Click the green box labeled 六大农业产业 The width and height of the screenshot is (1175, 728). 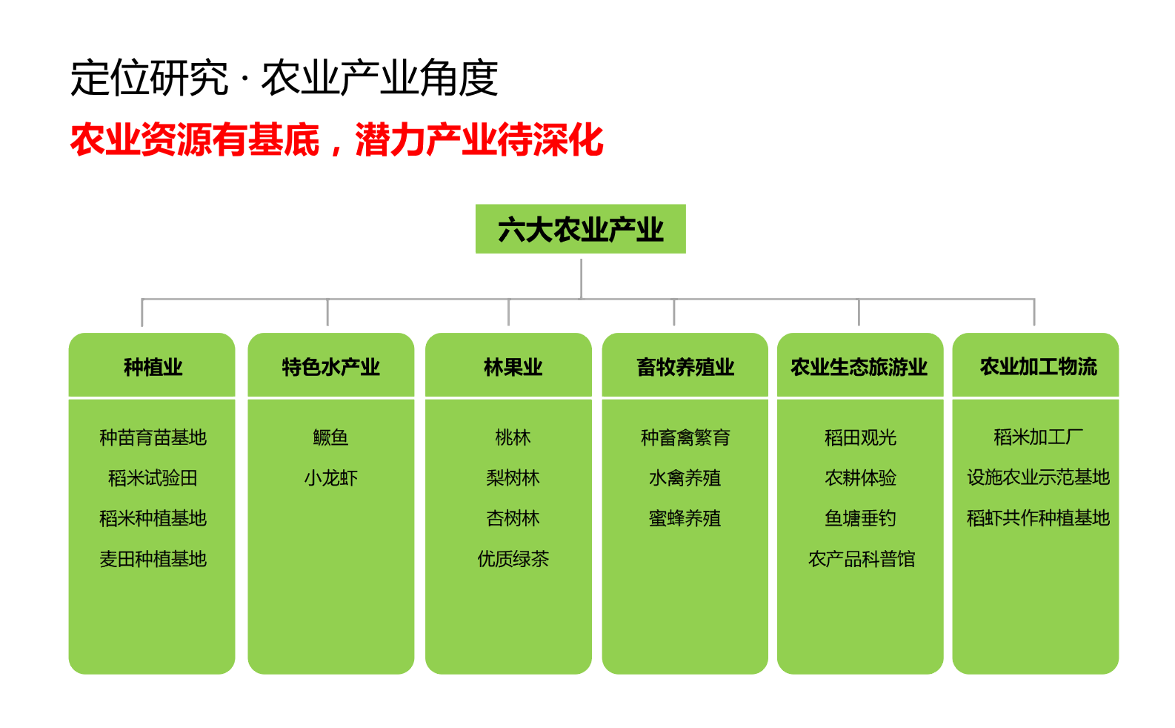580,229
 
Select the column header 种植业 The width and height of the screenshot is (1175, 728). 153,367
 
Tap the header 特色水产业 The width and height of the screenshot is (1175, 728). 330,367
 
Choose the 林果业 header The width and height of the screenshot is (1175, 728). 513,367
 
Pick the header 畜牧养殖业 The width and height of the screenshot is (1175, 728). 685,367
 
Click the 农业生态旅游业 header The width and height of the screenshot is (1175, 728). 859,367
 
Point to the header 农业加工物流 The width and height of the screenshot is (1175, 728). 1038,367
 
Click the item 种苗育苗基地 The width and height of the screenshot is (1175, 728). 153,437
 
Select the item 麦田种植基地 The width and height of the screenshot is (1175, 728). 153,559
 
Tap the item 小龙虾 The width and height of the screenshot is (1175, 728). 330,478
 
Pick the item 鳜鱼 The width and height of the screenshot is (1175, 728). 330,437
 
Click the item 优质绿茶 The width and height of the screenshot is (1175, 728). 513,559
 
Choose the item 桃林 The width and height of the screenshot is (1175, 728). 513,437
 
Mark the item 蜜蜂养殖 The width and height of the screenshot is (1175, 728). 685,518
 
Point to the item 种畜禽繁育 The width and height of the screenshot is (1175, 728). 685,437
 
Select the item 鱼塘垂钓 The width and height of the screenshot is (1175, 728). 860,518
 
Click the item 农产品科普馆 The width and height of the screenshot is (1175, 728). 862,559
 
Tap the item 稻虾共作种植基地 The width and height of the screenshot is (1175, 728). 1038,518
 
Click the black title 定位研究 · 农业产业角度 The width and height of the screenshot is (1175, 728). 284,78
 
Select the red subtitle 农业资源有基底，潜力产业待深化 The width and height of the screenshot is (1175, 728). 336,139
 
